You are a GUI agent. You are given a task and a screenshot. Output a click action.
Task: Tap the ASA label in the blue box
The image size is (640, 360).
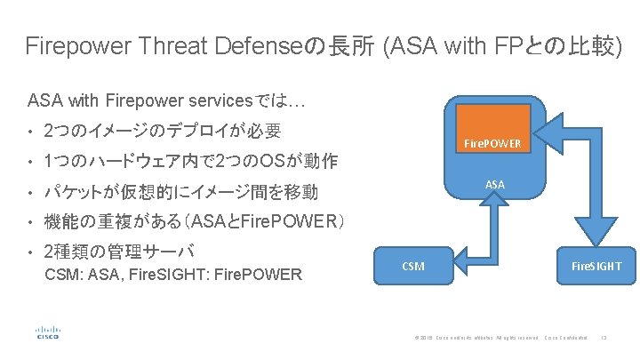point(495,184)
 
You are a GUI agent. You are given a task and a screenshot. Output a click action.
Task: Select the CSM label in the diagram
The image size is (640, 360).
point(413,265)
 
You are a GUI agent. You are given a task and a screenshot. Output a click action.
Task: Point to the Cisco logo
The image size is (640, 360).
point(47,332)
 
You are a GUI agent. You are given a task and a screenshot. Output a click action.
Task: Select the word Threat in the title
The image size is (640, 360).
point(168,46)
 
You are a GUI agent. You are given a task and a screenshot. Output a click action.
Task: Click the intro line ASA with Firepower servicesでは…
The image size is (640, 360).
point(168,100)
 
